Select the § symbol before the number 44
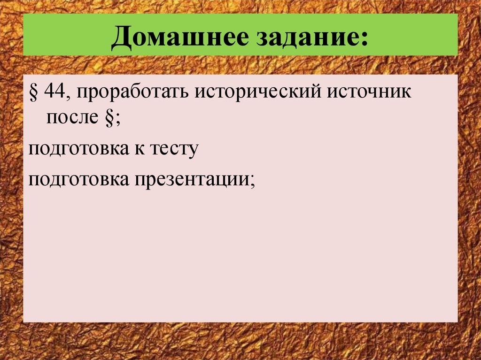(34, 92)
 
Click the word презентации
(193, 180)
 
